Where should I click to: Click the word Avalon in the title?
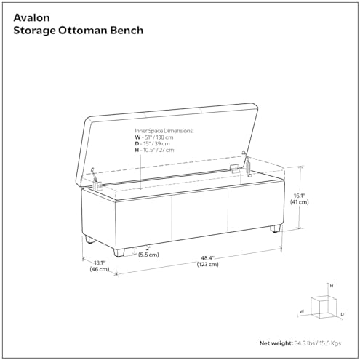tap(31, 17)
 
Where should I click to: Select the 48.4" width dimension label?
tap(207, 258)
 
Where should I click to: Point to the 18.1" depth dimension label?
tap(100, 263)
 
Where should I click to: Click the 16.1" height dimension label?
tap(300, 196)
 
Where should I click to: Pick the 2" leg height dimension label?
tap(148, 248)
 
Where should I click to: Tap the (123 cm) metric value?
tap(207, 264)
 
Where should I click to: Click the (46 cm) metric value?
tap(100, 269)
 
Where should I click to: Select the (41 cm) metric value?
tap(300, 201)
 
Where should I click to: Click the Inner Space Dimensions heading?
tap(164, 131)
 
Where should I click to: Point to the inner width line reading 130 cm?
tap(154, 137)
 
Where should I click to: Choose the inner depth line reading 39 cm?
tap(152, 143)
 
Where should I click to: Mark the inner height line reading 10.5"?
tap(154, 150)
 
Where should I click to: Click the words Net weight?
tap(276, 343)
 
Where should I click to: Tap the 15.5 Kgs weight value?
tap(330, 343)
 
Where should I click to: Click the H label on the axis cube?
tap(332, 286)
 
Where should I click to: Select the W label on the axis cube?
tap(302, 311)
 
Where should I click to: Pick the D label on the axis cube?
tap(342, 314)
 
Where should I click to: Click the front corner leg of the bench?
tap(119, 252)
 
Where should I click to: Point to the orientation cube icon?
tap(323, 306)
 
